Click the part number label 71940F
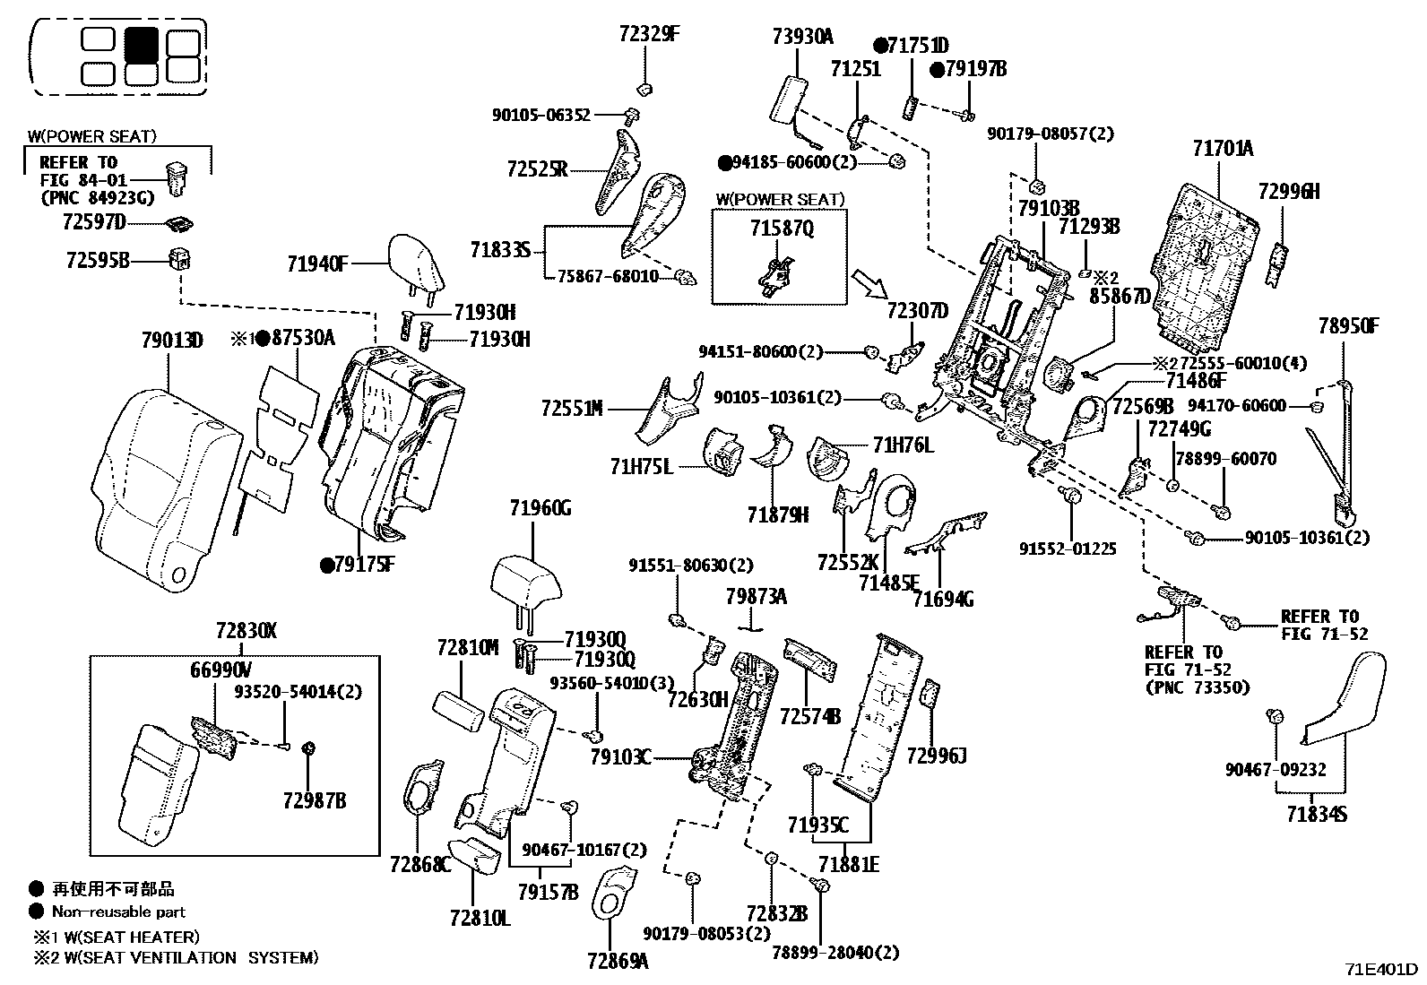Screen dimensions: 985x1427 (317, 264)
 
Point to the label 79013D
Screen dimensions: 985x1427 (172, 341)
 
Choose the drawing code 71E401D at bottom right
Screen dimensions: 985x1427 (1380, 970)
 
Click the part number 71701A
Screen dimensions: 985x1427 (1223, 149)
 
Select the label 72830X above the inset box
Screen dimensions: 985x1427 (246, 631)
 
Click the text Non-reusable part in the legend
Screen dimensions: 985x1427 (118, 912)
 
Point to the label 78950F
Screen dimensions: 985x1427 (1348, 325)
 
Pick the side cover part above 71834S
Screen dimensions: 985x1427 (1345, 699)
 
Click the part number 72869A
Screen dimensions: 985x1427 (618, 962)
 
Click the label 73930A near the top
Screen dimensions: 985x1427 (802, 37)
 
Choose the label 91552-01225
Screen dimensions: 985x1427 (1068, 549)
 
